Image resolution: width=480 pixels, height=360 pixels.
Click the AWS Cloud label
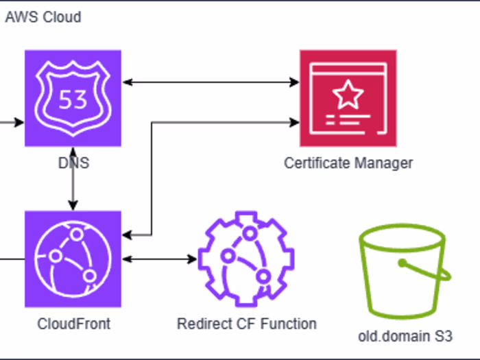(43, 17)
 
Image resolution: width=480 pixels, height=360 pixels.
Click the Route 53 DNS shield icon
(73, 97)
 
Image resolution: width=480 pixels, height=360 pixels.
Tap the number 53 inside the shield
(73, 101)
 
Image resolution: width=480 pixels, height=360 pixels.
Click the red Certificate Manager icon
(348, 97)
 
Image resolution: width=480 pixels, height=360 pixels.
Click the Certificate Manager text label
(348, 163)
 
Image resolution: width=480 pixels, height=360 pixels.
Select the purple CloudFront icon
(73, 259)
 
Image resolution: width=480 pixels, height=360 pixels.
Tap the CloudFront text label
(73, 324)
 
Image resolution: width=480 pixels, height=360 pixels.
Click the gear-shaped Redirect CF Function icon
(245, 259)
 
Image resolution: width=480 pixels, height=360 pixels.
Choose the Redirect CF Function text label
(247, 324)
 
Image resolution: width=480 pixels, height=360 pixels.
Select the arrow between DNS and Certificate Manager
(210, 82)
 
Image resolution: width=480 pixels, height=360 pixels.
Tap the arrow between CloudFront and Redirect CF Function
(158, 260)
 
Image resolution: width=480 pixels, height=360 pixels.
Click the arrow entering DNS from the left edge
(12, 123)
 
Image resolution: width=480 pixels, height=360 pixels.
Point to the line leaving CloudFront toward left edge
(12, 260)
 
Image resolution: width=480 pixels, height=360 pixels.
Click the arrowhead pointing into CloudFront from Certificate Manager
(127, 236)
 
